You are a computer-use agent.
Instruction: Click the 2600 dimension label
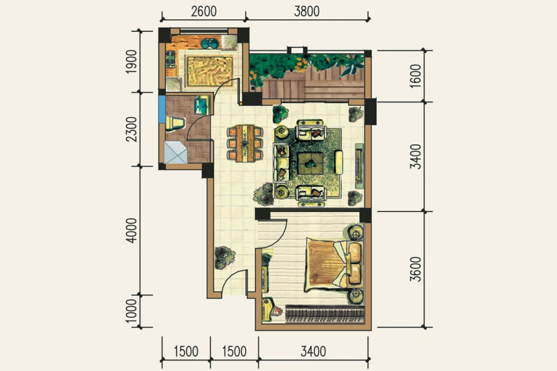[x=204, y=11]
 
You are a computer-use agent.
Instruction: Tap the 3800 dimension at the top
[x=306, y=11]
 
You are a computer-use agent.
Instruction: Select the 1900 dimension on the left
[x=131, y=62]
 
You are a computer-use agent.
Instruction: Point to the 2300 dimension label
[x=131, y=129]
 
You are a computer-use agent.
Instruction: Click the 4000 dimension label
[x=131, y=231]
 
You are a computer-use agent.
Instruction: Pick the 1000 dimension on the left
[x=131, y=311]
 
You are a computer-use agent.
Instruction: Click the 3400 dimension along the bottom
[x=313, y=351]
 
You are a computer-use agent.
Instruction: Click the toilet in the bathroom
[x=175, y=123]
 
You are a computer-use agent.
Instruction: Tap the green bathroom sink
[x=201, y=106]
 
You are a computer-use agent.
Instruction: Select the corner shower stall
[x=176, y=152]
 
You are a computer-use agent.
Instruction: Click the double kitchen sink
[x=210, y=43]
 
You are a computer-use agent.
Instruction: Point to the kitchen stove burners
[x=171, y=59]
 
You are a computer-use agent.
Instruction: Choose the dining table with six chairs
[x=245, y=143]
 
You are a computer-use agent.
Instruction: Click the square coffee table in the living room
[x=311, y=164]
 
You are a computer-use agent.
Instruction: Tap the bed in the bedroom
[x=334, y=265]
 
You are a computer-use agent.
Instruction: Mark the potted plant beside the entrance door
[x=225, y=257]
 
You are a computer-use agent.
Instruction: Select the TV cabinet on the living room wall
[x=359, y=166]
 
